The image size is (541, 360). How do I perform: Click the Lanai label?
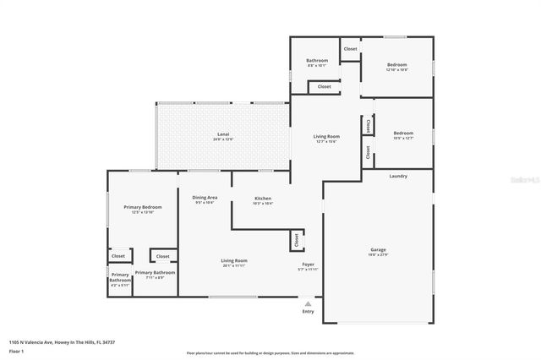223,134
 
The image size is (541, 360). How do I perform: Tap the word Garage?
378,250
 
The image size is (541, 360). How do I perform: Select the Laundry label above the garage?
398,177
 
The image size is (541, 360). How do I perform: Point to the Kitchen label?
263,199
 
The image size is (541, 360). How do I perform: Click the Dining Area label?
205,198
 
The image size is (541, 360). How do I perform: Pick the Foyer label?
309,265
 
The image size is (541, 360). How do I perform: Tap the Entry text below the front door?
308,312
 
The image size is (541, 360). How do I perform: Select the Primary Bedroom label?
142,207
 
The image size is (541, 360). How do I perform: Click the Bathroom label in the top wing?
317,60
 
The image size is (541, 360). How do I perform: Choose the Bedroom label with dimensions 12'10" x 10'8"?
397,65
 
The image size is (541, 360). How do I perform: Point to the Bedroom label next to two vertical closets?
403,134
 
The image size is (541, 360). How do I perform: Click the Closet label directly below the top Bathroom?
325,86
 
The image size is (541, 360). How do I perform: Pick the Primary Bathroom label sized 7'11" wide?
155,273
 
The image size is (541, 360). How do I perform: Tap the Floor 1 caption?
16,350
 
